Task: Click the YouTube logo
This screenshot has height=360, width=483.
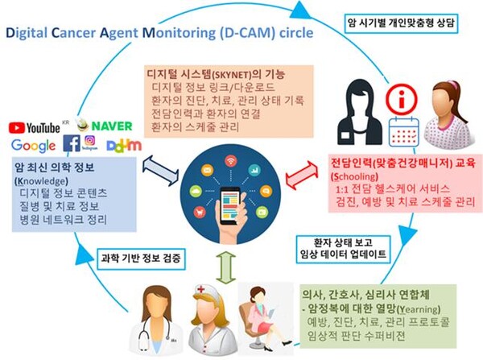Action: coord(34,126)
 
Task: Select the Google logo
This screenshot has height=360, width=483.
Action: coord(33,146)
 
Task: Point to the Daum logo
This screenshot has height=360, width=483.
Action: coord(121,145)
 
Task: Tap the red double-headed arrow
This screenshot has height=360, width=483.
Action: coord(300,170)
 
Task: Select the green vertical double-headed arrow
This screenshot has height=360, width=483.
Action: coord(226,266)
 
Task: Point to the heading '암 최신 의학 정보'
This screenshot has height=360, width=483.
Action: coord(53,167)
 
